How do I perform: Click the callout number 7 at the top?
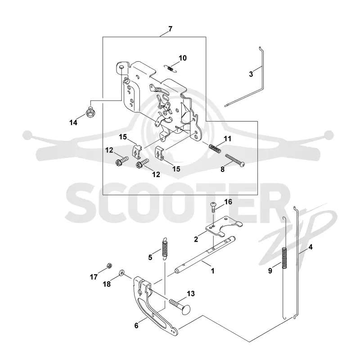pos(170,29)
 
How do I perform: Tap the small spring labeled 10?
pos(171,68)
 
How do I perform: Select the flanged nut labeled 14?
pos(90,112)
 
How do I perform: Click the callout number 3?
pos(251,74)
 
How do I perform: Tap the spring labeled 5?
pos(165,249)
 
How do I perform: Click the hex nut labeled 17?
pos(109,265)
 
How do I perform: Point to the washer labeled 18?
pos(121,273)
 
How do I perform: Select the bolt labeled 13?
pos(180,306)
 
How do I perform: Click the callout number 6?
pos(136,325)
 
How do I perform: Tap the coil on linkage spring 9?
pos(284,257)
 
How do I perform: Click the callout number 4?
pos(310,247)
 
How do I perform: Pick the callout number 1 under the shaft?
pos(212,271)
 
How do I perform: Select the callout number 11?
pos(228,139)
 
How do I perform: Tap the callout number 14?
pos(73,122)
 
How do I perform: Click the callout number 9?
pos(270,271)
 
